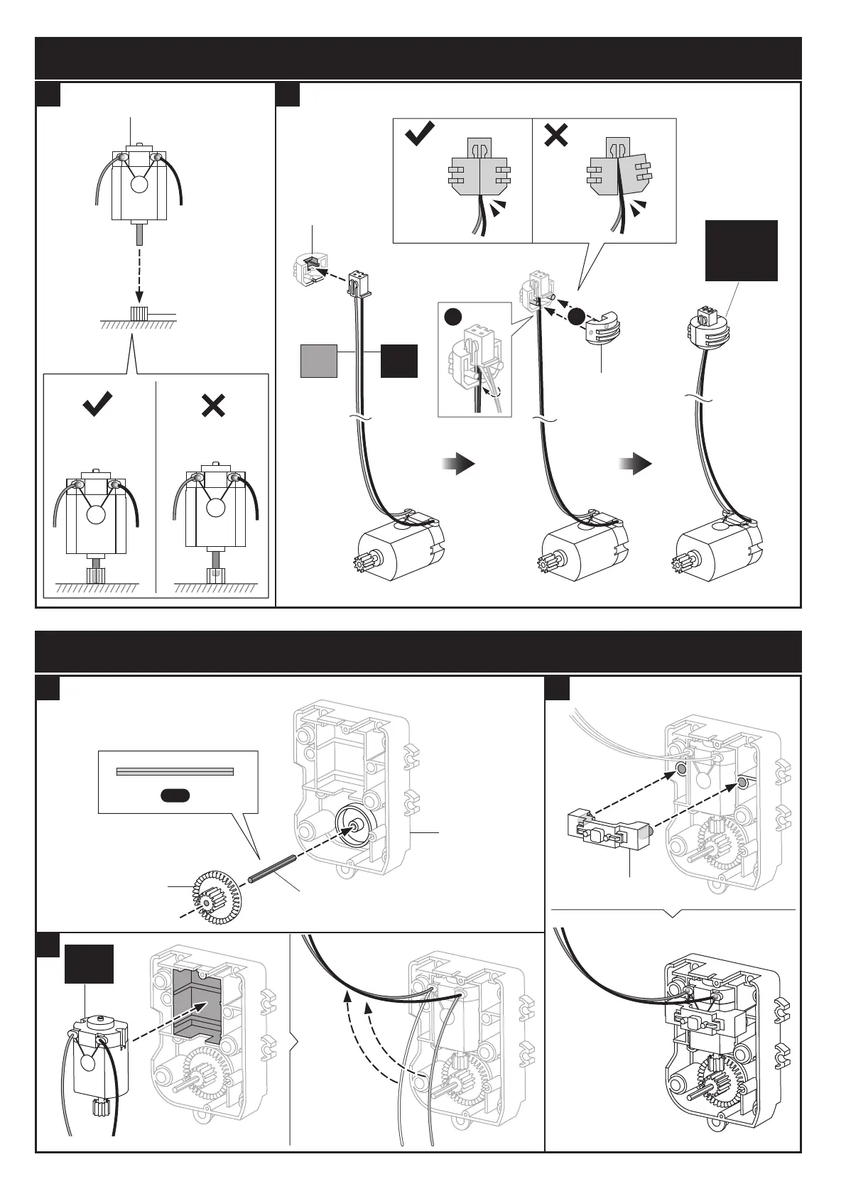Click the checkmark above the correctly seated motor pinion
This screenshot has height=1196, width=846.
(x=97, y=406)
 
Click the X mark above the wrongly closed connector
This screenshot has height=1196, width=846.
(x=555, y=135)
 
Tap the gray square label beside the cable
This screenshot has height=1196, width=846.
(x=319, y=360)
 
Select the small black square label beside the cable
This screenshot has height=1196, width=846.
(x=399, y=360)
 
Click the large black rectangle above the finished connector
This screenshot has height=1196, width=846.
(x=742, y=251)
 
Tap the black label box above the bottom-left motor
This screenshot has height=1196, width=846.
(x=89, y=964)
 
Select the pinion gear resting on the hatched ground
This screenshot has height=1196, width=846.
(x=139, y=313)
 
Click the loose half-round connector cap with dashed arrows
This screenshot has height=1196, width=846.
(x=603, y=330)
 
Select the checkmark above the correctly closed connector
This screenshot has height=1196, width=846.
(x=420, y=134)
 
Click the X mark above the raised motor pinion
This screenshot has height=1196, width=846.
(x=213, y=406)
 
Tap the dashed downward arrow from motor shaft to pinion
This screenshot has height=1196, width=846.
(x=139, y=275)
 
